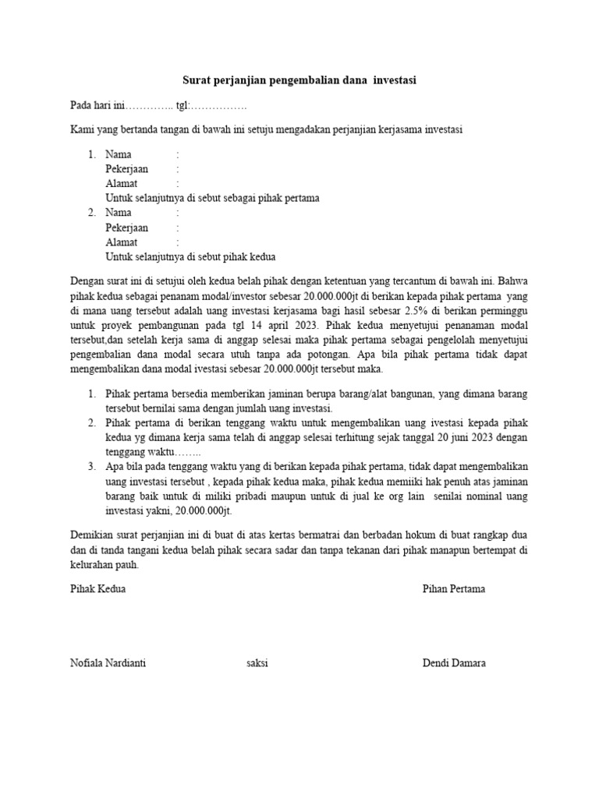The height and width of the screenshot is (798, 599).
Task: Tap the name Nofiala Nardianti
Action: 108,663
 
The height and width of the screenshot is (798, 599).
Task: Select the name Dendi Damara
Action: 454,663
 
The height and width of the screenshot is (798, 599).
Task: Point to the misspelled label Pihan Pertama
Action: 454,588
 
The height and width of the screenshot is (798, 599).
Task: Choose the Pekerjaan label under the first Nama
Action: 126,168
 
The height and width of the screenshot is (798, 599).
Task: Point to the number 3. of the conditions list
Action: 92,467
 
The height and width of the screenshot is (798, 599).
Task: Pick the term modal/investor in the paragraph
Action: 213,295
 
